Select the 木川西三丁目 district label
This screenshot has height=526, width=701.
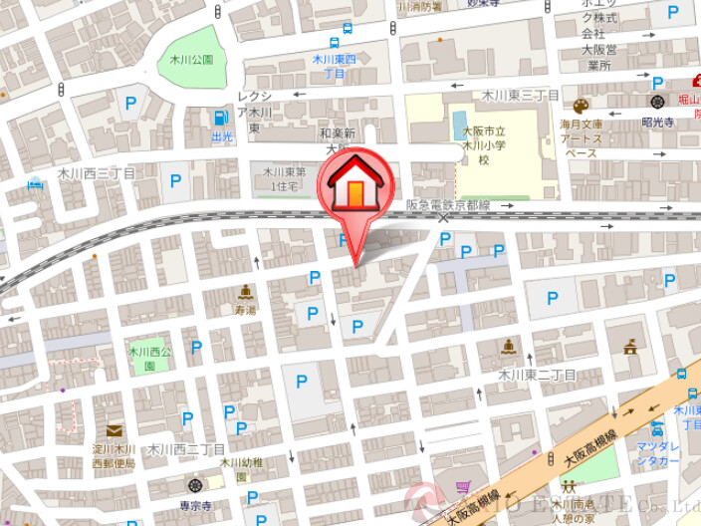(x=96, y=173)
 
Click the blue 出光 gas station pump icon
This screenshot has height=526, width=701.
(x=221, y=118)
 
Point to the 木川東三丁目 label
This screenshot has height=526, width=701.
(x=521, y=95)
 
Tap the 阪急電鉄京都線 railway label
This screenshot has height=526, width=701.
(x=448, y=205)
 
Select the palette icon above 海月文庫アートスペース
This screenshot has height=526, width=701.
(x=581, y=106)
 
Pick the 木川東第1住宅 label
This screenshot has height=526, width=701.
(x=282, y=178)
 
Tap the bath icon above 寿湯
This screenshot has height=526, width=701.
(x=245, y=292)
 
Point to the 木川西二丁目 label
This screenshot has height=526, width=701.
(x=183, y=449)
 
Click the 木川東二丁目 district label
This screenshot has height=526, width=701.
(x=537, y=375)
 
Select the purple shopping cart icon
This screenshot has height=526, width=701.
(x=462, y=487)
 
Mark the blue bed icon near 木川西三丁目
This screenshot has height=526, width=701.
(x=36, y=182)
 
